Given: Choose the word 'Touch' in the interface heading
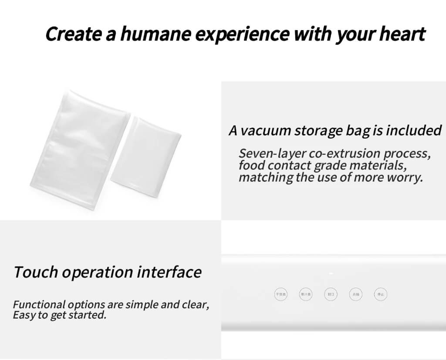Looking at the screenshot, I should (x=35, y=272).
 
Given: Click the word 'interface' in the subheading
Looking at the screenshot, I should (x=169, y=272).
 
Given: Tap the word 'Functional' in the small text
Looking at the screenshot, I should (x=39, y=305).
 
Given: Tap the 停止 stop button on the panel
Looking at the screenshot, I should (x=380, y=294).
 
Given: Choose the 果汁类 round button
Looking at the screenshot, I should (x=306, y=294).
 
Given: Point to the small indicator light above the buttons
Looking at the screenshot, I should (x=331, y=274).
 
